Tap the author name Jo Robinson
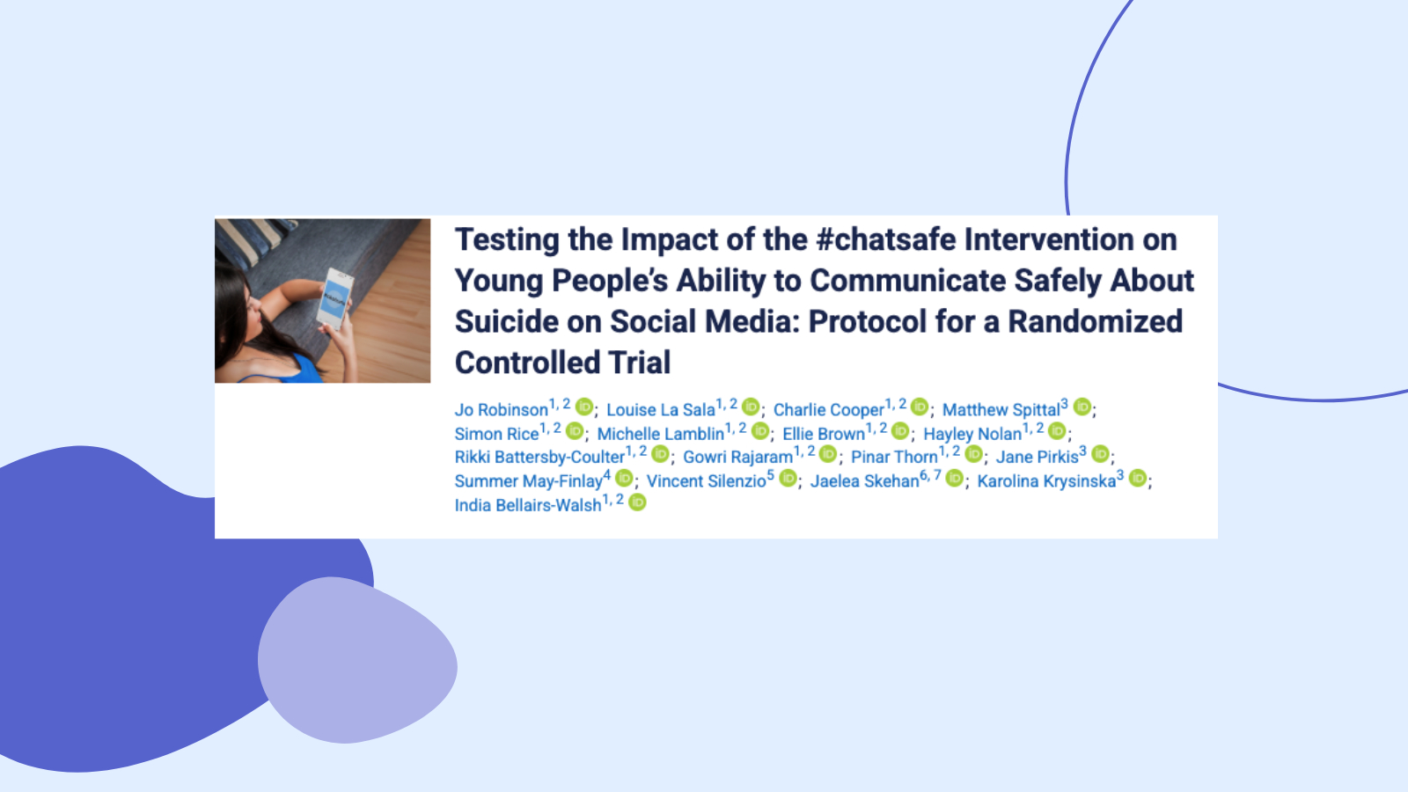(501, 410)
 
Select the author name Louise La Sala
(661, 410)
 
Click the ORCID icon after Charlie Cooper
(920, 407)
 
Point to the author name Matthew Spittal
(1001, 410)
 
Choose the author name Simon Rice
(496, 434)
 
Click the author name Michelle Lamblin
(661, 434)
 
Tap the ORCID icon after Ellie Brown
(901, 430)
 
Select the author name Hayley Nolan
(972, 434)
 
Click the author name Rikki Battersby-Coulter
(539, 457)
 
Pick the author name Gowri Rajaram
(738, 457)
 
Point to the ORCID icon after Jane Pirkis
(1100, 454)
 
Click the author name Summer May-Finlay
(529, 480)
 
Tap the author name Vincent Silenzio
(707, 480)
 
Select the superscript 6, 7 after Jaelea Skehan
(930, 475)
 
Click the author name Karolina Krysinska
(1046, 480)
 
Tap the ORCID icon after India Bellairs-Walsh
(637, 502)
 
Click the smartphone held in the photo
(335, 298)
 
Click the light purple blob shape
(357, 660)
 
